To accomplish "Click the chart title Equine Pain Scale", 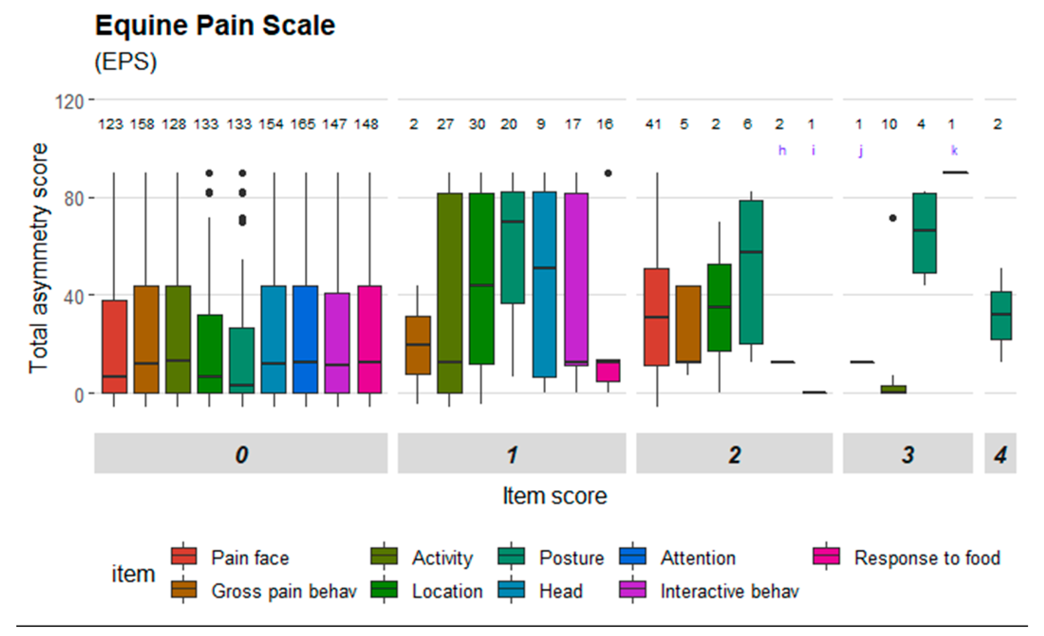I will pos(215,26).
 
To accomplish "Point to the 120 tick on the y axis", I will pos(69,102).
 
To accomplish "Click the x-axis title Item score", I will pos(554,495).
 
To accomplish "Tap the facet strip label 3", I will pos(908,455).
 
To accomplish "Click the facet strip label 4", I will pos(1000,455).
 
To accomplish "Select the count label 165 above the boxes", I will pos(303,124).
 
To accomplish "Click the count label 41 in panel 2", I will pos(653,124).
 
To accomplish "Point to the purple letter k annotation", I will pos(954,150).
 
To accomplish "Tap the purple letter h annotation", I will pos(782,150).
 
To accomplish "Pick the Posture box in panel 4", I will pos(1001,316).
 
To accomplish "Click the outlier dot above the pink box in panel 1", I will pos(608,173).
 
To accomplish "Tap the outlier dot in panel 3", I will pos(893,218).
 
